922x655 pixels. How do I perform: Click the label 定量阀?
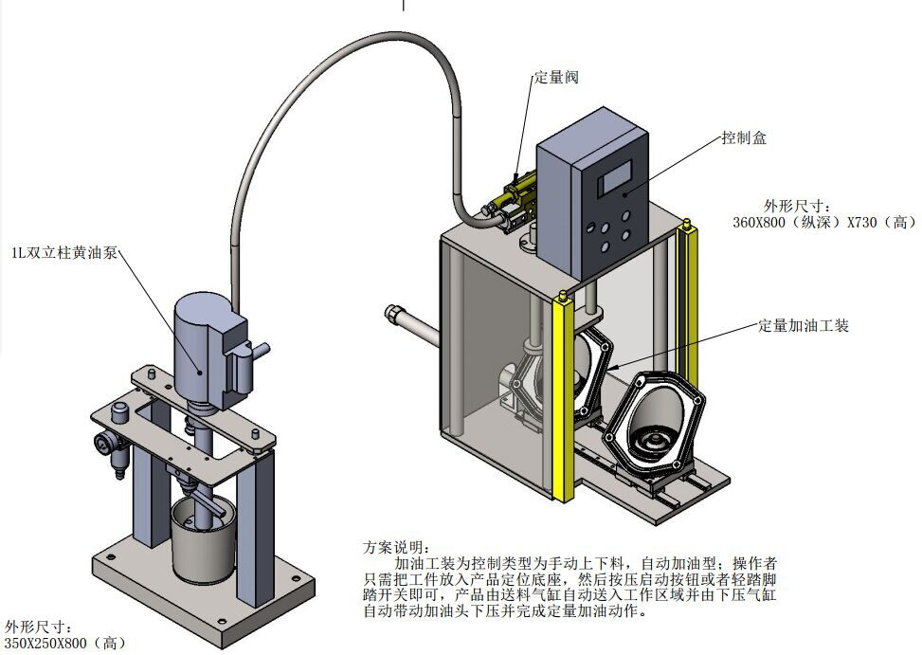pyautogui.click(x=556, y=78)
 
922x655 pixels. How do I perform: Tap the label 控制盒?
pyautogui.click(x=744, y=138)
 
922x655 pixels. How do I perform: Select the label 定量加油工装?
pyautogui.click(x=804, y=325)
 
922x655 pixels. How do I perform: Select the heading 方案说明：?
pyautogui.click(x=395, y=547)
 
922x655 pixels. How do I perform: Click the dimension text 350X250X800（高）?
pyautogui.click(x=64, y=643)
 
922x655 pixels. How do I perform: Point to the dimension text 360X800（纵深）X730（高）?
pyautogui.click(x=824, y=222)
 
